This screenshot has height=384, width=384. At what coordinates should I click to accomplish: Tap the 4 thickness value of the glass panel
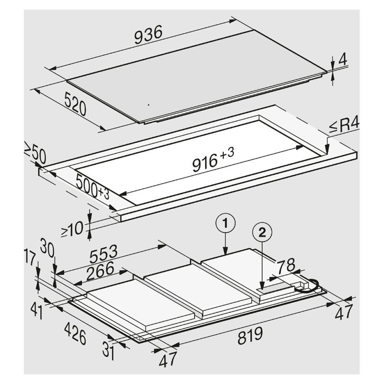[343, 61]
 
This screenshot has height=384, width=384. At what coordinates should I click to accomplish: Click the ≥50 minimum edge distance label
[35, 154]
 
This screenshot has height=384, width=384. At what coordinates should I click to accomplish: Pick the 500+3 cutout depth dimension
[92, 186]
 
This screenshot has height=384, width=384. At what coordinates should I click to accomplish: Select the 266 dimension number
[99, 268]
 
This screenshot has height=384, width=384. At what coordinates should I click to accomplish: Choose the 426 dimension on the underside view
[75, 334]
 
